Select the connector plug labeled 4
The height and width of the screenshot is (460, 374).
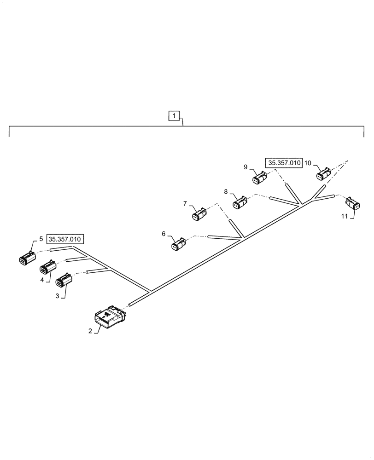click(48, 267)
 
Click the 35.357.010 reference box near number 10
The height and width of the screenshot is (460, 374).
click(283, 162)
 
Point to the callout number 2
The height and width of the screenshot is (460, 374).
click(91, 330)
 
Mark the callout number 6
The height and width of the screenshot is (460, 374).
click(164, 234)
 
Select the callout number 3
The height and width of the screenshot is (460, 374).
click(58, 296)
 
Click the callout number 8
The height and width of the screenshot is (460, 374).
click(226, 191)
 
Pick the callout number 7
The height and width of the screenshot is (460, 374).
click(185, 203)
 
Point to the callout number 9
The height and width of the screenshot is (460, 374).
click(245, 167)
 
